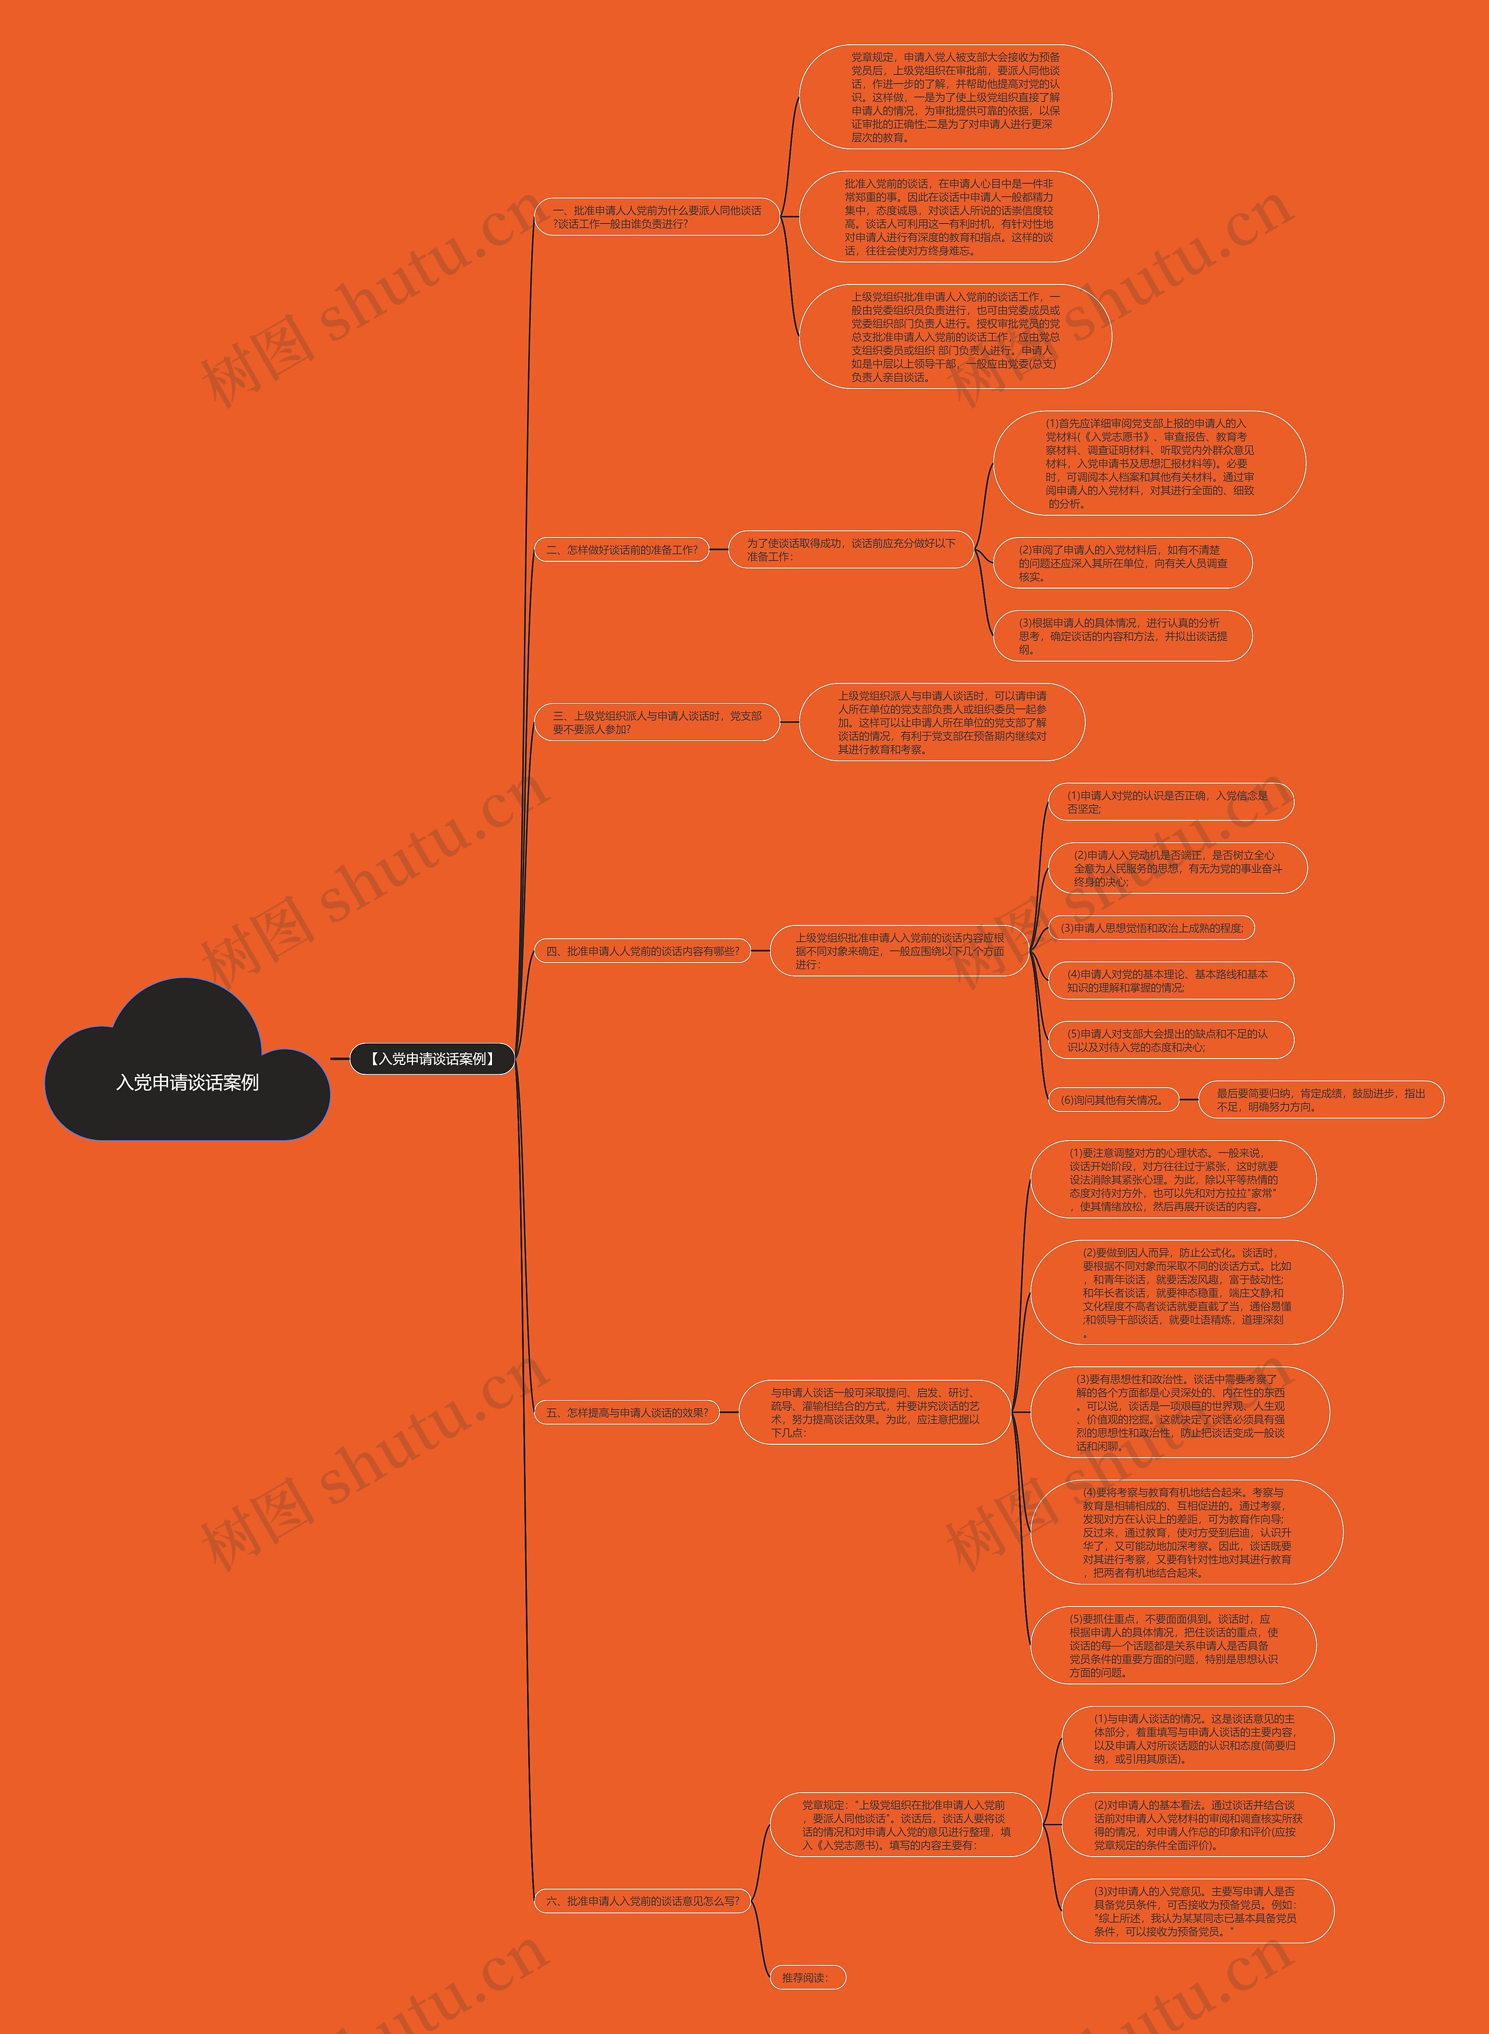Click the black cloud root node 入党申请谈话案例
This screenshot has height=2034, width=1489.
187,1081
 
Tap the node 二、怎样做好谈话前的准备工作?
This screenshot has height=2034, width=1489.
622,550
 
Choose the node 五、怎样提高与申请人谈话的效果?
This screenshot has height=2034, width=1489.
628,1412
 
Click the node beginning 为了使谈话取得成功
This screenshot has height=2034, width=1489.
851,550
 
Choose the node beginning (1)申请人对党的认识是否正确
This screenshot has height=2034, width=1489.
1169,802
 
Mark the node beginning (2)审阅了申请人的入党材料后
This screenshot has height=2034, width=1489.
1122,563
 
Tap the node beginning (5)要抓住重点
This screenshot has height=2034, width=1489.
1173,1645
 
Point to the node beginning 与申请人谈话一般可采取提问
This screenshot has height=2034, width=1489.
874,1412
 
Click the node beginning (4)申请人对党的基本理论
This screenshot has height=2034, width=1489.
1169,981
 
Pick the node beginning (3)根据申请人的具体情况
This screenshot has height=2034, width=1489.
1122,635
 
